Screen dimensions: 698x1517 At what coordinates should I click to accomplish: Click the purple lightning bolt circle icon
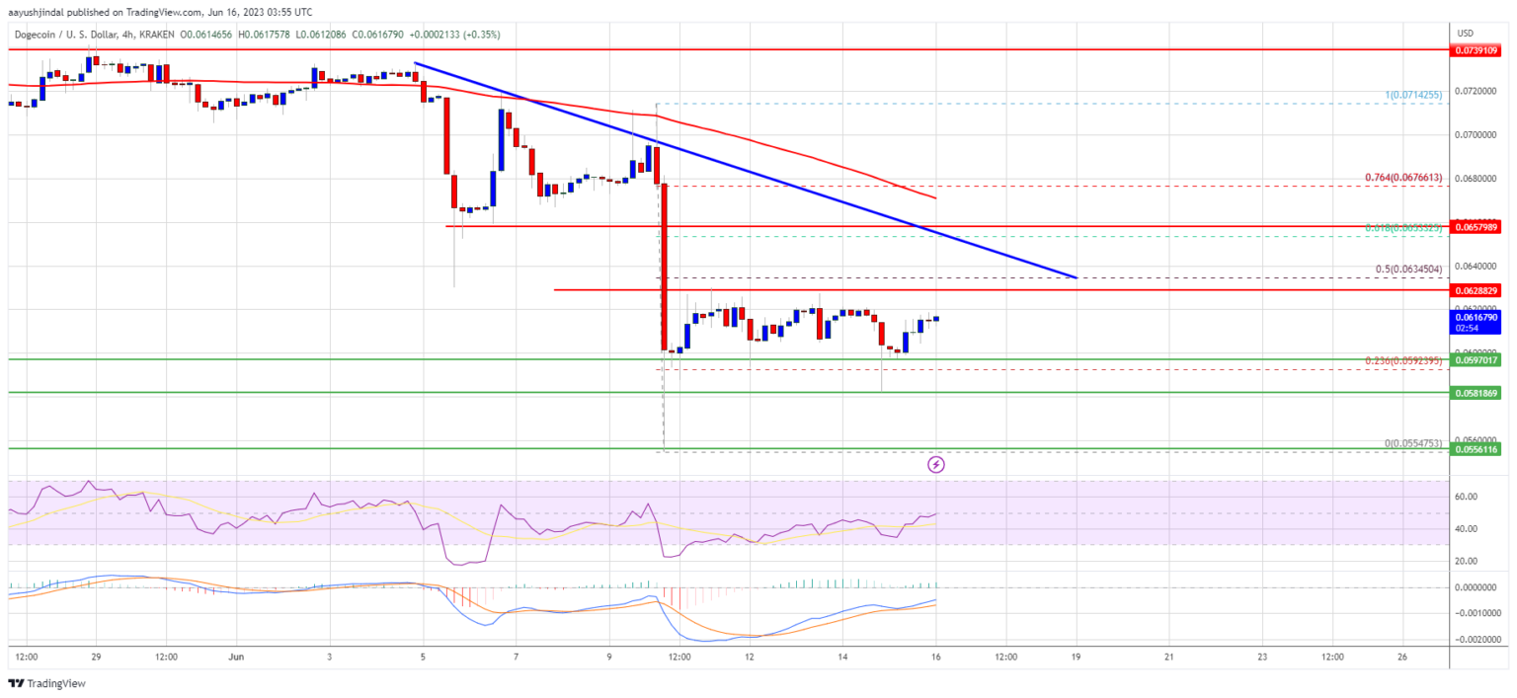point(936,464)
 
